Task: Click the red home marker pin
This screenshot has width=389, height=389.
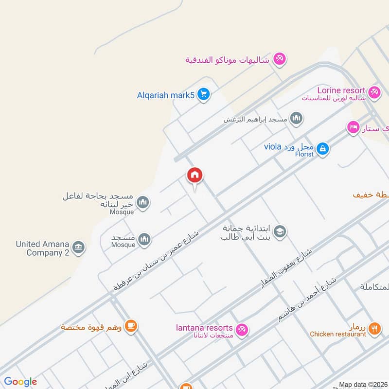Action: [x=195, y=175]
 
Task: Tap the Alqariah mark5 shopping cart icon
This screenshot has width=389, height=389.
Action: [x=203, y=95]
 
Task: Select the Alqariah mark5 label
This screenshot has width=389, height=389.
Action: [x=166, y=95]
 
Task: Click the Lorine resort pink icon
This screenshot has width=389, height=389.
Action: [x=373, y=91]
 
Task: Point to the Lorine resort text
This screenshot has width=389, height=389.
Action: [x=341, y=90]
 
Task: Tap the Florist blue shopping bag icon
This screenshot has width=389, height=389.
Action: [x=322, y=149]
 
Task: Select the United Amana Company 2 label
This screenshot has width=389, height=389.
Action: [x=42, y=248]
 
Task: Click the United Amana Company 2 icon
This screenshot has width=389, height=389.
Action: [x=78, y=248]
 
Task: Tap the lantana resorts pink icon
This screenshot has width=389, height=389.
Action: [x=242, y=330]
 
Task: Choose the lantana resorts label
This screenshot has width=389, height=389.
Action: [x=204, y=328]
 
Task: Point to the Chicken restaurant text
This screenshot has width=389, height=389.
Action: [x=338, y=334]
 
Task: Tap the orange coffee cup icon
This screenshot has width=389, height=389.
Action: [x=130, y=326]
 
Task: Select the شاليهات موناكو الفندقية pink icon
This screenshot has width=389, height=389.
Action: [x=279, y=59]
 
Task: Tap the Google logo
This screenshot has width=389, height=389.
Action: [x=20, y=382]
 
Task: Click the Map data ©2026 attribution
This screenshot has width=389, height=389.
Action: [x=362, y=385]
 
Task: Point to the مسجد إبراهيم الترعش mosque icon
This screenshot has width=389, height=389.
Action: [x=296, y=118]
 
